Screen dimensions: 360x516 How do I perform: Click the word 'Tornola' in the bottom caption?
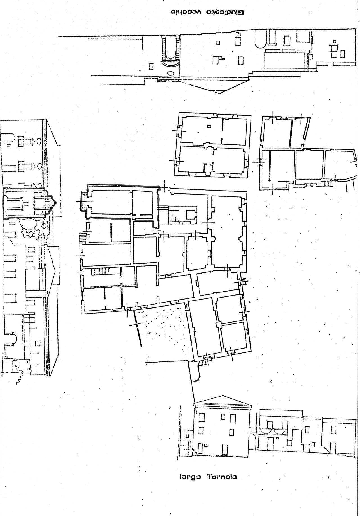pyautogui.click(x=222, y=477)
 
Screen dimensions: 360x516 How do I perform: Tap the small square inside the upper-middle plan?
pyautogui.click(x=209, y=126)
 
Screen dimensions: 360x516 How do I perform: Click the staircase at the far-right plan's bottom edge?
pyautogui.click(x=327, y=183)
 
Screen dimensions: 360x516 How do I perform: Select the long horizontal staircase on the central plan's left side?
pyautogui.click(x=102, y=272)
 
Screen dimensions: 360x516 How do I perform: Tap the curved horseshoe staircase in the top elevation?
pyautogui.click(x=170, y=51)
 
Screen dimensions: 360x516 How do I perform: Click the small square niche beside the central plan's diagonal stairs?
pyautogui.click(x=191, y=215)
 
